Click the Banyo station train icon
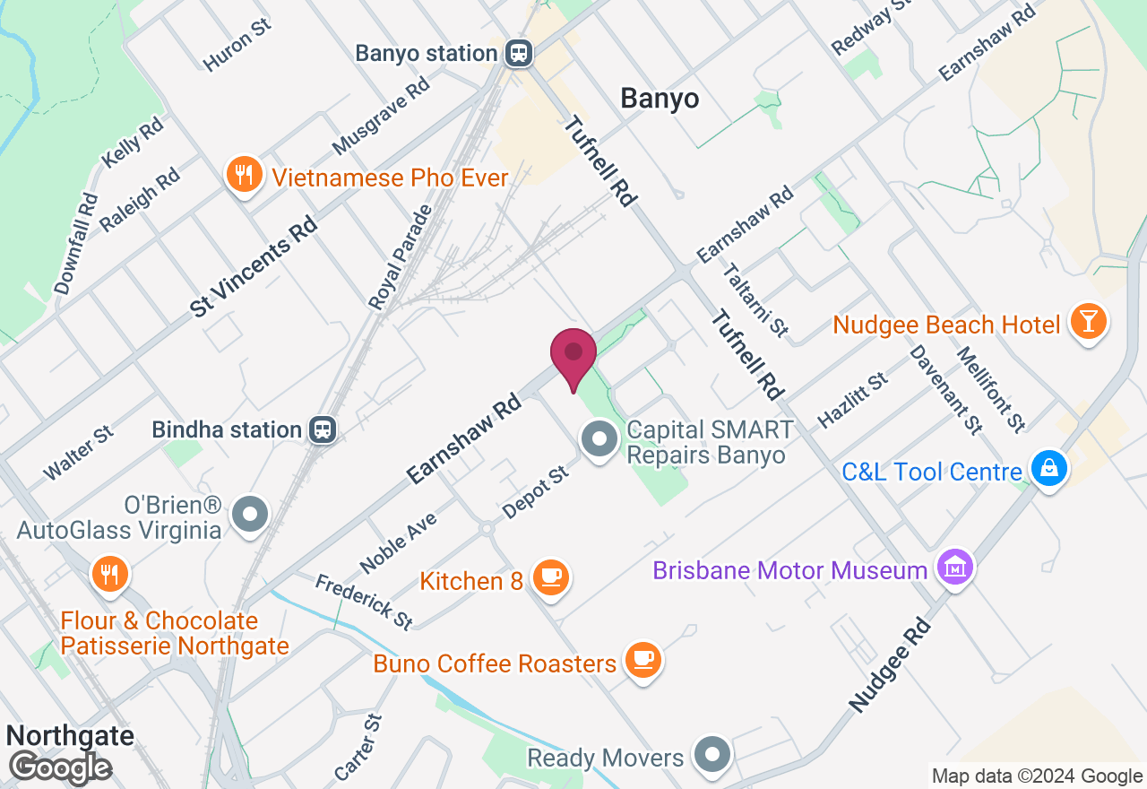coord(518,53)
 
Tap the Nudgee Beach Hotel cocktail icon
coord(1090,322)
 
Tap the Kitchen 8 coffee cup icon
coord(550,577)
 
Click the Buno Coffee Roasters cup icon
coord(642,661)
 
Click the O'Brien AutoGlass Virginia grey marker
coord(250,515)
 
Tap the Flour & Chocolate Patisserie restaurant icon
coord(110,573)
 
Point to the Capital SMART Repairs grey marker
coord(600,440)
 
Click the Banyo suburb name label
coord(660,99)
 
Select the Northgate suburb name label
coord(70,736)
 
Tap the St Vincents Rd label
coord(254,266)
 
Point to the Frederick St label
coord(364,601)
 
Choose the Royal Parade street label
coord(401,257)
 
